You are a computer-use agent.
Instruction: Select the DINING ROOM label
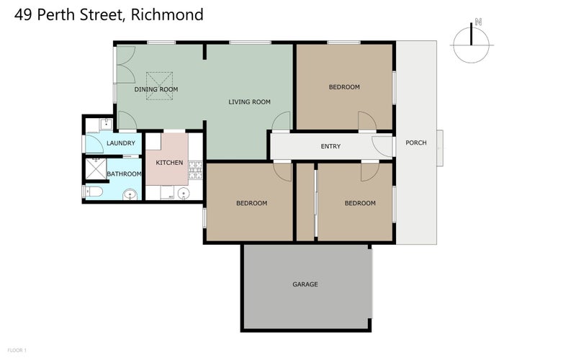[156, 89]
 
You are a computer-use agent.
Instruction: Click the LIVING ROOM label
[249, 102]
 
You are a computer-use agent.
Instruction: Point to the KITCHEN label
[169, 162]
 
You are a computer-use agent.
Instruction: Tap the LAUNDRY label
[120, 143]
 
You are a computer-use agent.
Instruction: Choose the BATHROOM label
[124, 174]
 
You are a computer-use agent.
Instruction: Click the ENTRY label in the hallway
[330, 147]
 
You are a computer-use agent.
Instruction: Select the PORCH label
[416, 143]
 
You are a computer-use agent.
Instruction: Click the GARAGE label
[305, 284]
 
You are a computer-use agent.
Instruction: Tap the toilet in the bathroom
[94, 192]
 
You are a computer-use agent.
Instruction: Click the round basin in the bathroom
[130, 194]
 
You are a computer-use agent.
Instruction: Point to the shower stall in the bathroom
[94, 171]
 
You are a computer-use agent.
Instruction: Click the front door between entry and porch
[383, 145]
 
